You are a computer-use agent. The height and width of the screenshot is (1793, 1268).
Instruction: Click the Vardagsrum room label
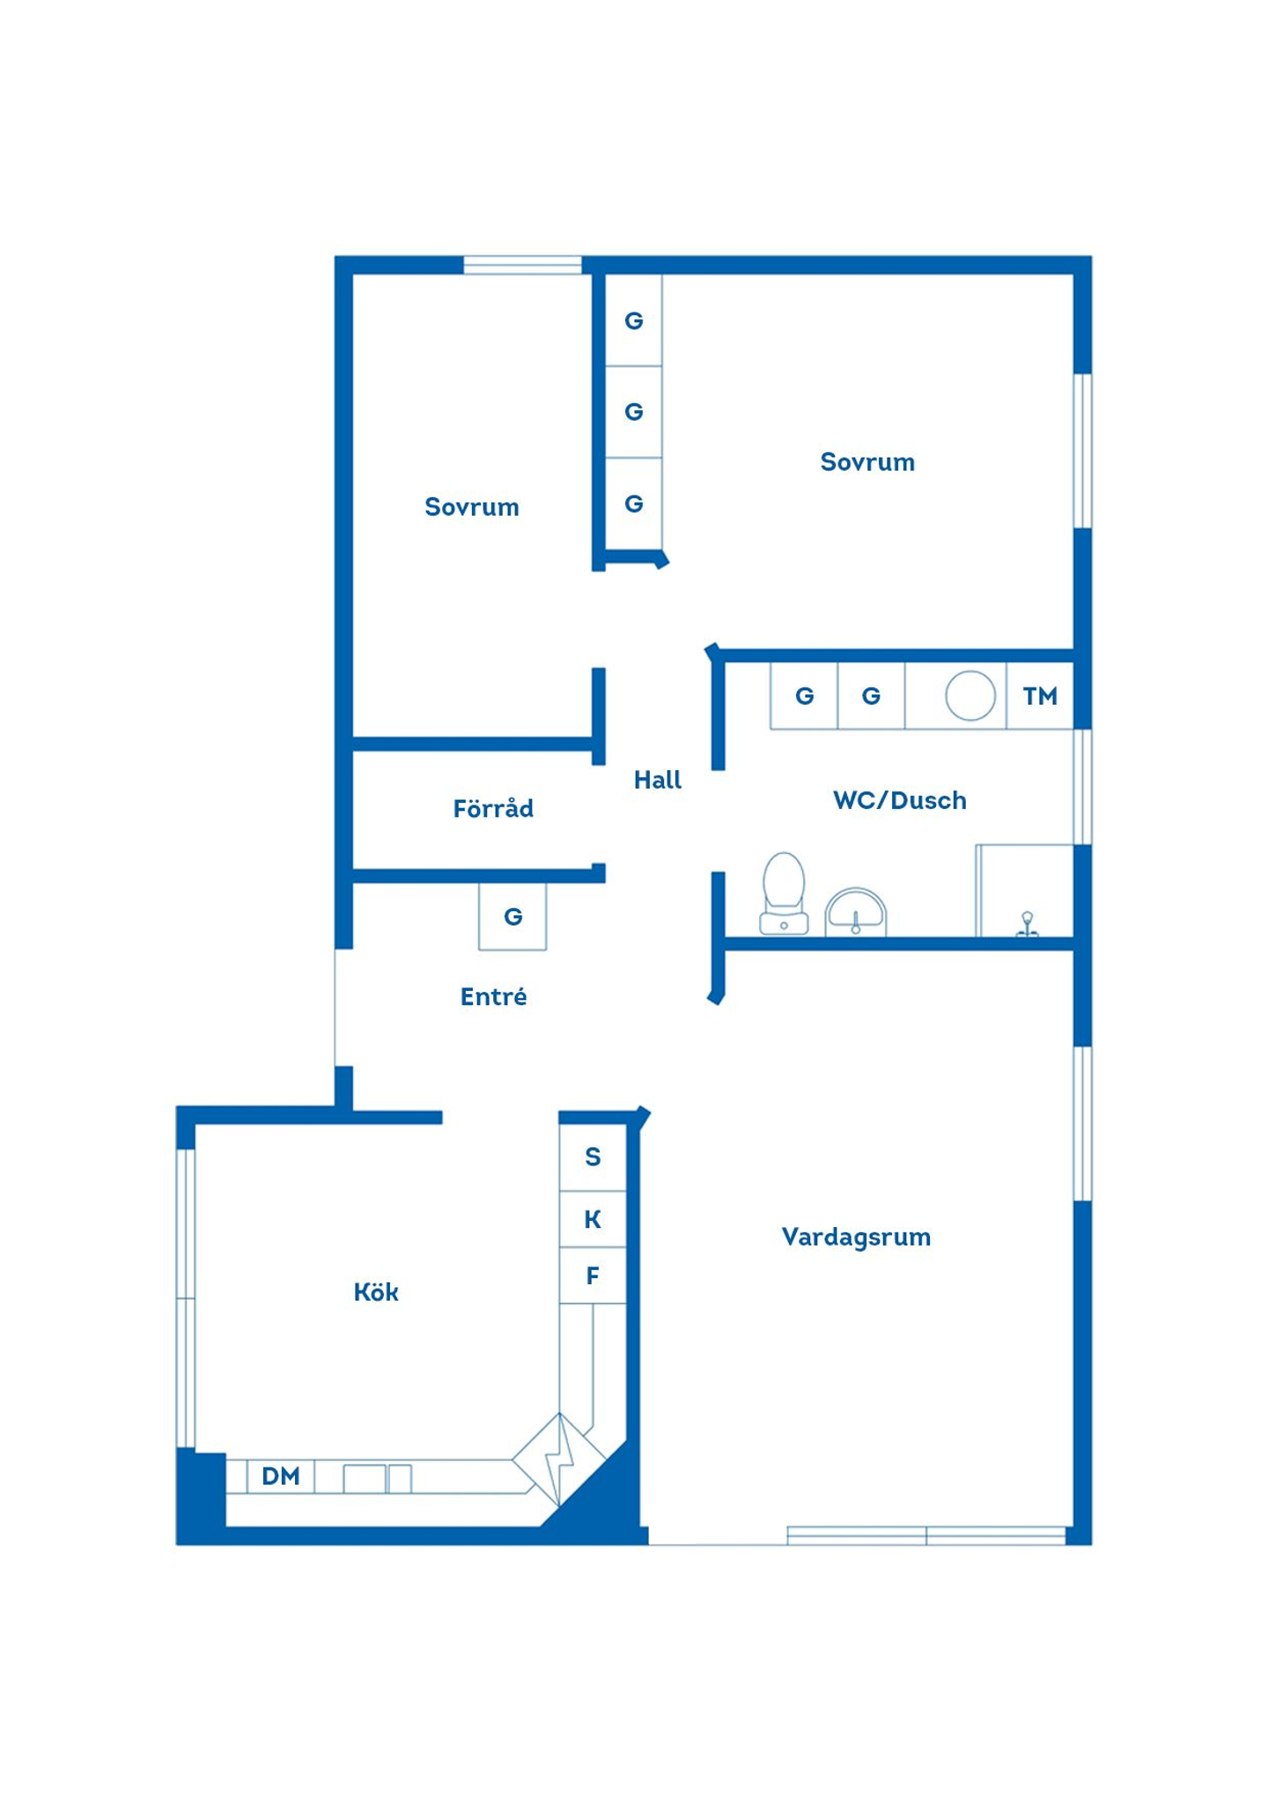[x=855, y=1237]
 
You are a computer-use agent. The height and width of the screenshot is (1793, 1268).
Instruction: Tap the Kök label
[x=376, y=1291]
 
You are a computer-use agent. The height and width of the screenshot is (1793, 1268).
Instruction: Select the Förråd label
[x=492, y=807]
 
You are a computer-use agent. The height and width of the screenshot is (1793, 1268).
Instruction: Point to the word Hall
[x=657, y=779]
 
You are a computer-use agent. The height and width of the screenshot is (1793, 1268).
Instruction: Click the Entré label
[x=493, y=996]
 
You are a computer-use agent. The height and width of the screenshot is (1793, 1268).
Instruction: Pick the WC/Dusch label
[x=899, y=800]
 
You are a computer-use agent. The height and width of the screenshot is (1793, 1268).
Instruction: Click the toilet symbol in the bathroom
[x=783, y=893]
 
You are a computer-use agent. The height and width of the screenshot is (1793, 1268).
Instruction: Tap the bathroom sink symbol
[x=855, y=912]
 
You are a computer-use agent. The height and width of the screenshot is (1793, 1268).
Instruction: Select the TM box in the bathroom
[x=1039, y=695]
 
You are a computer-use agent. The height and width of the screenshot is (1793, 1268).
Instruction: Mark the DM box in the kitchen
[x=280, y=1476]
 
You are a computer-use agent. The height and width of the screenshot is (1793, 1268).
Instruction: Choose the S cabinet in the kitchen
[x=593, y=1157]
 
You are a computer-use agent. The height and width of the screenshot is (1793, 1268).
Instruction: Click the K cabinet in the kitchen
[x=593, y=1219]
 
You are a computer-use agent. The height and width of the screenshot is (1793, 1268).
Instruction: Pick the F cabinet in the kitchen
[x=593, y=1275]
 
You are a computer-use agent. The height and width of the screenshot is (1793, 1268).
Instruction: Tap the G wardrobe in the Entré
[x=512, y=916]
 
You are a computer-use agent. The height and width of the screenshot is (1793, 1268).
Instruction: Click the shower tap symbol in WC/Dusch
[x=1027, y=924]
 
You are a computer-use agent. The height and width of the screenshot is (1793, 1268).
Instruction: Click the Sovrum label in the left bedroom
[x=471, y=507]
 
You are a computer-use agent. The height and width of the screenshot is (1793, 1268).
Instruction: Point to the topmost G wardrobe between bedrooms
[x=633, y=320]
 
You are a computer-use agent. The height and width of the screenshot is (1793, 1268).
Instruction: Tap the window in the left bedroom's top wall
[x=522, y=265]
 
